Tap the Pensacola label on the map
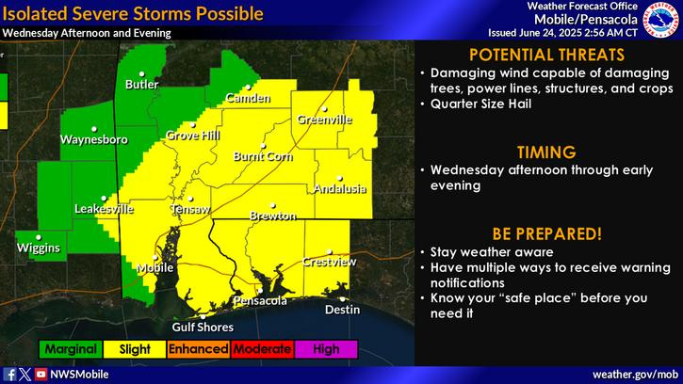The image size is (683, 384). click(261, 301)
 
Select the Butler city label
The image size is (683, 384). click(142, 85)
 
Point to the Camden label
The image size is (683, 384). click(247, 98)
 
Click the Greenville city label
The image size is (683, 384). click(325, 120)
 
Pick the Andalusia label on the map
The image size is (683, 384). click(340, 188)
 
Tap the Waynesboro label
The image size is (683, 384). click(93, 139)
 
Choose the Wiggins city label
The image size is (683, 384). click(38, 248)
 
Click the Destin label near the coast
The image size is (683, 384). click(342, 309)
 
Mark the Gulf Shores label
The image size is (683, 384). click(202, 327)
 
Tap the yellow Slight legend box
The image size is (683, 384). click(134, 349)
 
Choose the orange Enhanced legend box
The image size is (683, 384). click(198, 349)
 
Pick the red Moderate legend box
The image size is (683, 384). click(262, 349)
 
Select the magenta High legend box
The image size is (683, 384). click(326, 349)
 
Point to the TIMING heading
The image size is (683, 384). click(545, 151)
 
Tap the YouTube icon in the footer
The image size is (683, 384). click(41, 374)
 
